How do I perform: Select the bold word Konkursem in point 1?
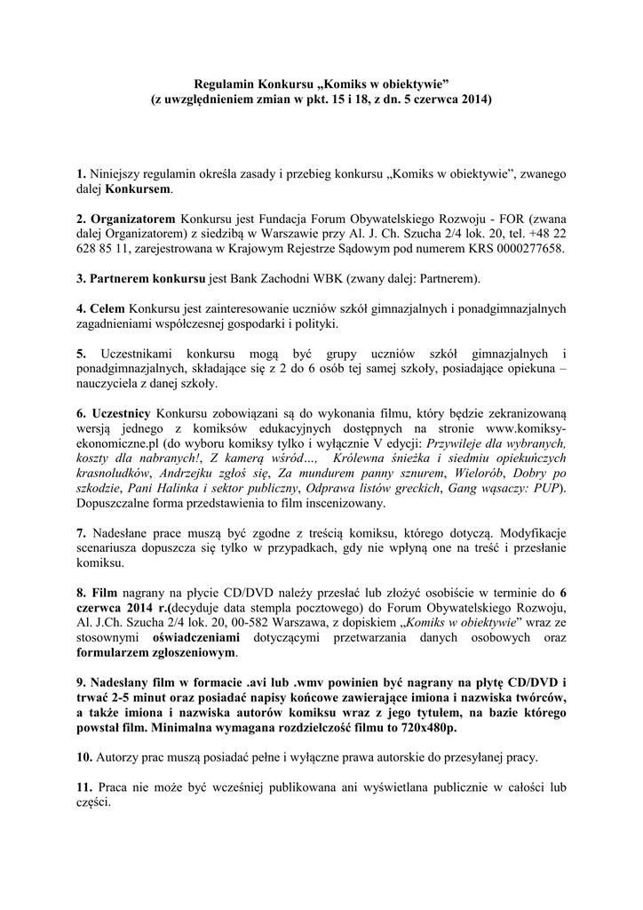(x=139, y=190)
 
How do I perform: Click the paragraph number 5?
(x=80, y=354)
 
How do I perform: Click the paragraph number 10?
(x=83, y=758)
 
